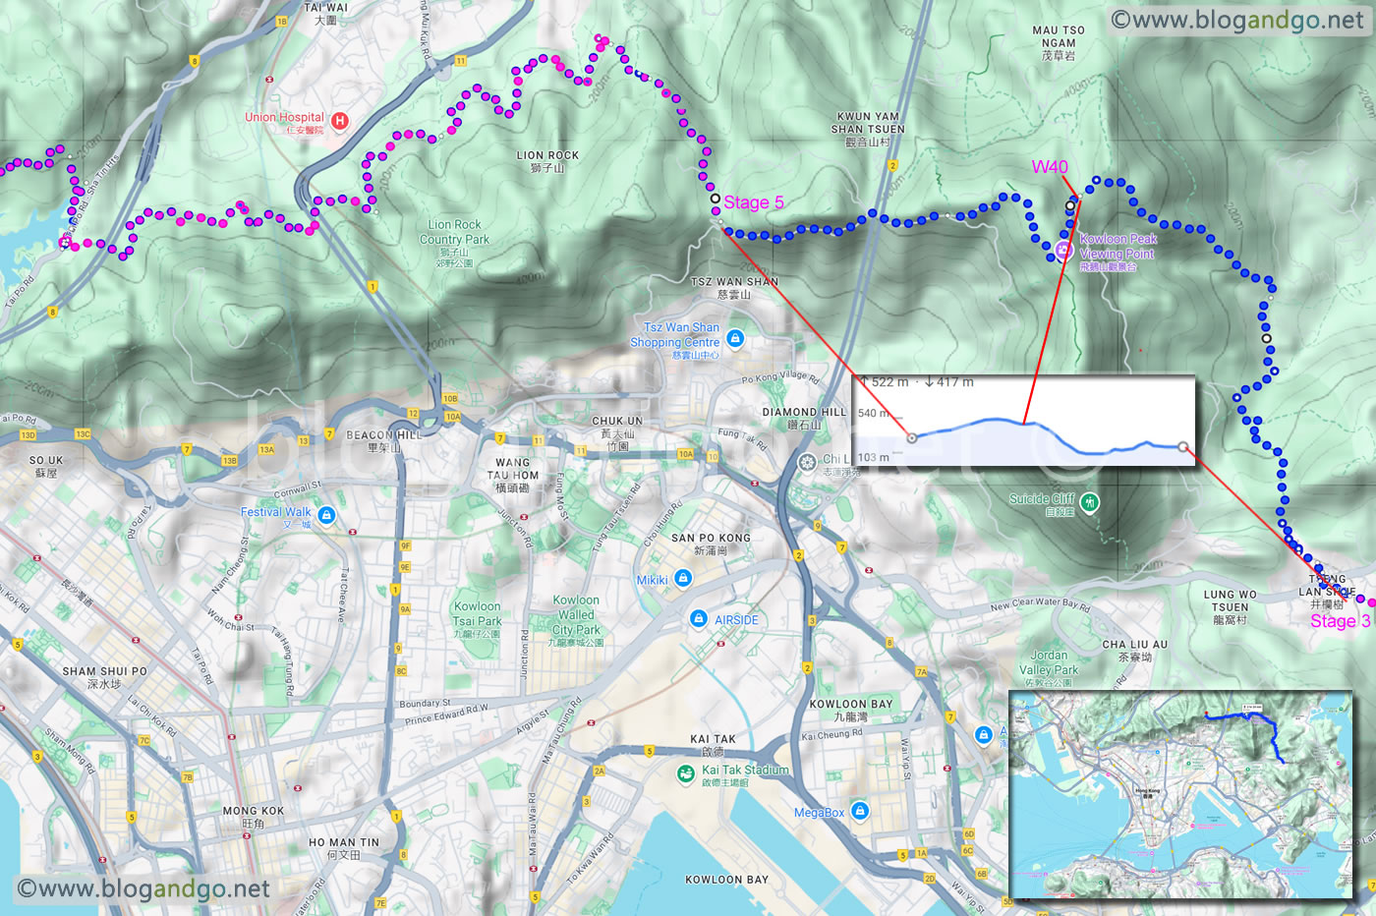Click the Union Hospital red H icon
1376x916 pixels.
[x=340, y=121]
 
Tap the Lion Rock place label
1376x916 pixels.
[x=547, y=161]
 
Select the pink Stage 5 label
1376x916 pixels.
[x=753, y=202]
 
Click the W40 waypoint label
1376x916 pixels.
[x=1049, y=167]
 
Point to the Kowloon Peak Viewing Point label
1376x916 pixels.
[x=1118, y=252]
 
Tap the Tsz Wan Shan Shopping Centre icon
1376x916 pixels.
[x=735, y=339]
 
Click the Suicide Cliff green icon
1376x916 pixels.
[x=1089, y=503]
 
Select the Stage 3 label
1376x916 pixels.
[x=1339, y=621]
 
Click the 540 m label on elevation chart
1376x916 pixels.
[x=873, y=413]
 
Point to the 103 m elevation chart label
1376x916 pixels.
[x=873, y=457]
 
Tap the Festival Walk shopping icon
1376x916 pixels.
[x=326, y=516]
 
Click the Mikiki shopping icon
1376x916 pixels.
[x=683, y=579]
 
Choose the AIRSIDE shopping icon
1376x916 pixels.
[x=698, y=619]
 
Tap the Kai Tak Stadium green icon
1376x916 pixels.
[x=685, y=775]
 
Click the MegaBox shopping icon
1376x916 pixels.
[x=860, y=811]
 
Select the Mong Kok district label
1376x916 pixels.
[x=253, y=817]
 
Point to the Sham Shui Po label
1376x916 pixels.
[x=104, y=677]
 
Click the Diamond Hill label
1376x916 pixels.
[x=803, y=418]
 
